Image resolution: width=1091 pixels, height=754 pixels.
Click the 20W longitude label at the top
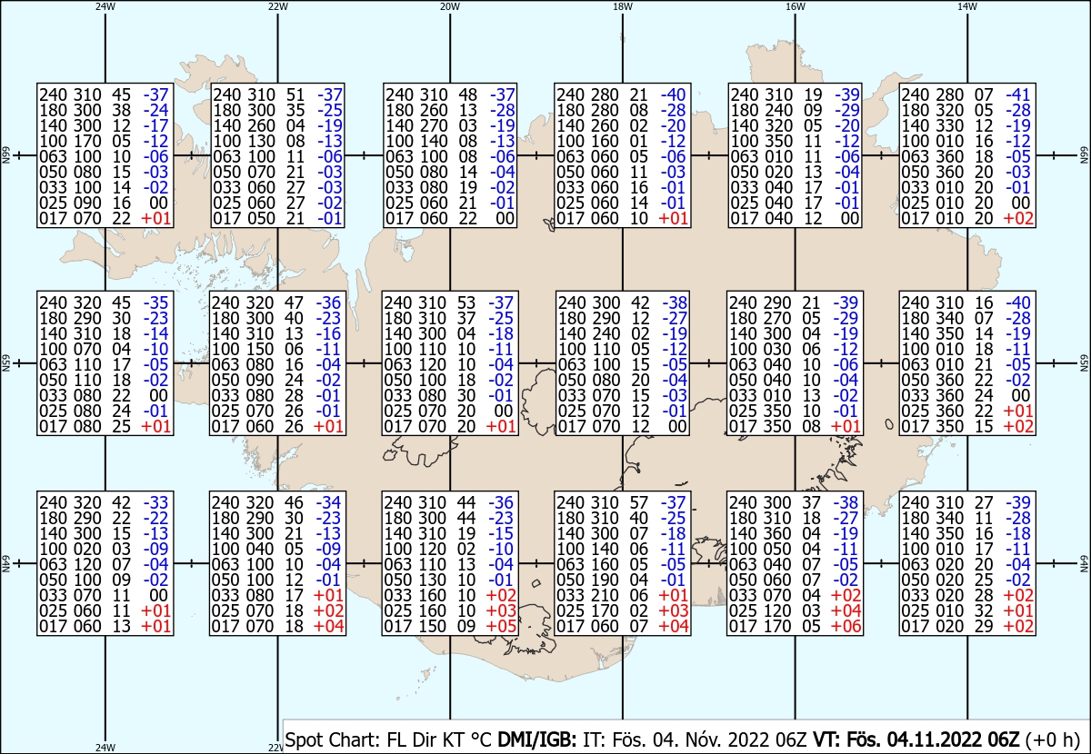pos(449,6)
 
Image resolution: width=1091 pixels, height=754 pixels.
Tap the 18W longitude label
pos(623,6)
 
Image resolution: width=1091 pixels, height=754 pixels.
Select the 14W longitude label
pos(967,6)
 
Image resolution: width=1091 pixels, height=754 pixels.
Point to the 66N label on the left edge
pos(5,155)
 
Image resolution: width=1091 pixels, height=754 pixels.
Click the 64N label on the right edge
pos(1084,563)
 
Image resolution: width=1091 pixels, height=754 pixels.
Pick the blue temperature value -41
pos(1018,94)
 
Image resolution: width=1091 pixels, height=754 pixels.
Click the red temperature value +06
pos(846,626)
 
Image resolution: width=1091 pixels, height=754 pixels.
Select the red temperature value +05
pos(501,626)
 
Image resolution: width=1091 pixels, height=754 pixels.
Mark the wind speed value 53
pos(466,303)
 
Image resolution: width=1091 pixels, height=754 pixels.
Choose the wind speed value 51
pos(295,94)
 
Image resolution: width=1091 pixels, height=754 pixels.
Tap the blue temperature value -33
pos(155,502)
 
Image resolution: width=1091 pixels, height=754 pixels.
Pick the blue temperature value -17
pos(155,125)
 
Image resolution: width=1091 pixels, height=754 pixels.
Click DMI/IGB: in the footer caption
pos(536,739)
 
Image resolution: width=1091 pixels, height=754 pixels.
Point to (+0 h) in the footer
pos(1053,739)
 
